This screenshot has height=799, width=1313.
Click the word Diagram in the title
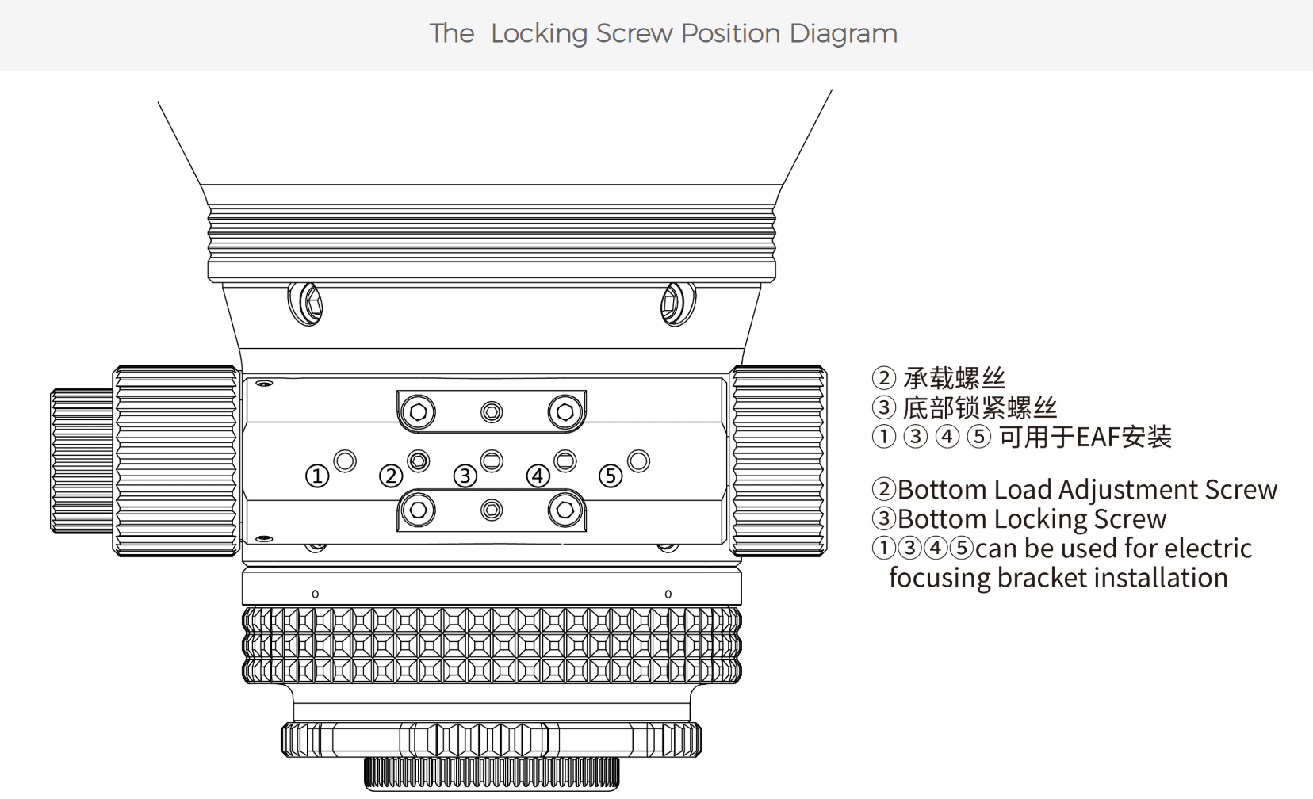coord(843,34)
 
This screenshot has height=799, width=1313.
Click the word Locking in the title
coord(539,34)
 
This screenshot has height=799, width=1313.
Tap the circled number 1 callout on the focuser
coord(317,476)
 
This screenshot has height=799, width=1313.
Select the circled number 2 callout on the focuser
coord(391,476)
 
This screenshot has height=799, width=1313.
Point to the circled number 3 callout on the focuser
coord(465,476)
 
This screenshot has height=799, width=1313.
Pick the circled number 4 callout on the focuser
coord(538,476)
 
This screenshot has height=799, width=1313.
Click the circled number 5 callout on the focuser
coord(611,476)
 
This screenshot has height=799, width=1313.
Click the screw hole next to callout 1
coord(345,461)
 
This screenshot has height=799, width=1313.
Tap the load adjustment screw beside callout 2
coord(418,461)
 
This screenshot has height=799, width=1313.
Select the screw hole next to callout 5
coord(638,461)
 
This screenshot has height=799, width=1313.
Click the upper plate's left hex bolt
coord(418,411)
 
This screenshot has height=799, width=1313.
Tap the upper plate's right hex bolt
coord(565,411)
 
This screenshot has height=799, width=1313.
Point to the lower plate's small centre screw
coord(492,510)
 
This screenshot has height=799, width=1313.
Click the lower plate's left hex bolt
coord(418,510)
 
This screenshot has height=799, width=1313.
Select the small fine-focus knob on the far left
coord(82,461)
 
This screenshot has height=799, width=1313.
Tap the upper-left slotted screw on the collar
coord(305,304)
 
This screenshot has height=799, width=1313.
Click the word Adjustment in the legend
coord(1128,490)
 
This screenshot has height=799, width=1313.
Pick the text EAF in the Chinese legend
coord(1095,437)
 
